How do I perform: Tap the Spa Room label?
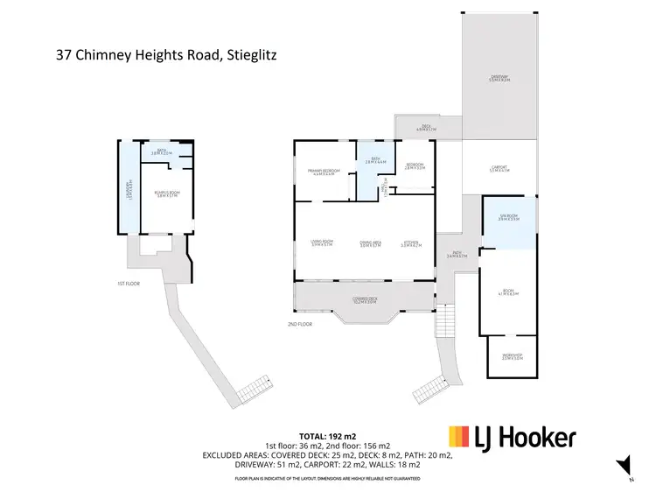pos(508,218)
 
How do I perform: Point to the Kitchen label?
pos(411,245)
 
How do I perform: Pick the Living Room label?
pos(322,245)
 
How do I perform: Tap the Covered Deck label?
pos(365,299)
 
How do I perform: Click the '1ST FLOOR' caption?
pos(129,284)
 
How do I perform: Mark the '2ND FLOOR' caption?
pos(299,324)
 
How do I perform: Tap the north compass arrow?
pos(624,467)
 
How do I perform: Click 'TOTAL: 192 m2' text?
pos(327,435)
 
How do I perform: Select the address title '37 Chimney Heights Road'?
pos(165,54)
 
